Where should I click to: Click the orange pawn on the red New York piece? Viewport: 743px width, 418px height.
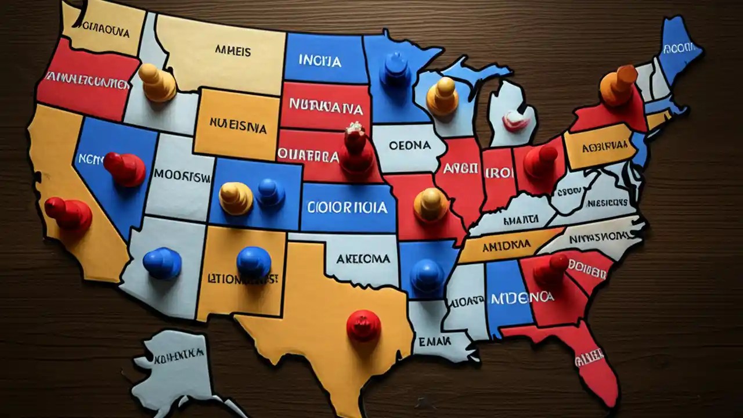point(617,85)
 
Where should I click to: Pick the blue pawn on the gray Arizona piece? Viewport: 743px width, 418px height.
point(162,262)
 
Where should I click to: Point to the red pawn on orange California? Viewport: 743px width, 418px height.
point(68,212)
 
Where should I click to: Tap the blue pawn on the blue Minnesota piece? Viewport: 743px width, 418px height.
point(395,70)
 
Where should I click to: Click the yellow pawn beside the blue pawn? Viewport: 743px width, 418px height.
point(236,197)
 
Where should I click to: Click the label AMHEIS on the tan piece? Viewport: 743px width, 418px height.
point(233,51)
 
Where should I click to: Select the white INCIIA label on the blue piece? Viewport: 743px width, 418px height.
point(320,60)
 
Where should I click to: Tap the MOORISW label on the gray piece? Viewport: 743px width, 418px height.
point(182,176)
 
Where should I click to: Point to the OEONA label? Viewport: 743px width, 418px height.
point(409,145)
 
